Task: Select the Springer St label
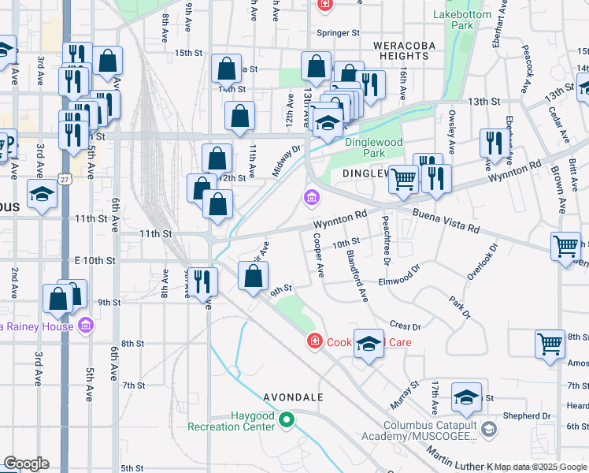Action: (338, 33)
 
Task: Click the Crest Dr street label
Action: (406, 326)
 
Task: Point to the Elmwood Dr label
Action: (401, 281)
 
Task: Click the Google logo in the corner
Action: (26, 463)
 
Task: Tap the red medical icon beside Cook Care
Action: (314, 341)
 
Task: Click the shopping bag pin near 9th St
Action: (253, 277)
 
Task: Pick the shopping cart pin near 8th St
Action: (550, 344)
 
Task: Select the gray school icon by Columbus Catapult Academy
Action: (489, 429)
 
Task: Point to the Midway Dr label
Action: (287, 160)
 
